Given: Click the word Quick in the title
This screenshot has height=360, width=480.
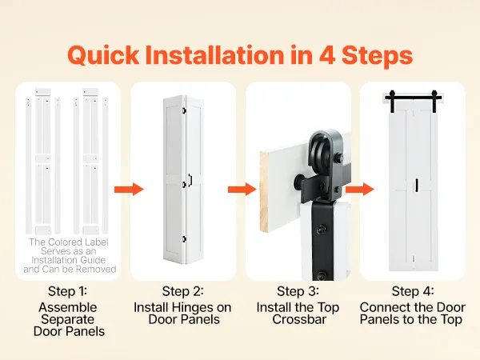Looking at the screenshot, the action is point(103,55).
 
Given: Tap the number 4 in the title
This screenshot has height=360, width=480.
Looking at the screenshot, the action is point(327,54).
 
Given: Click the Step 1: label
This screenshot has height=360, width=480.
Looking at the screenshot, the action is point(67,291).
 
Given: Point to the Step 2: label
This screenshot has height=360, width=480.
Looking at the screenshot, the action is point(182,291).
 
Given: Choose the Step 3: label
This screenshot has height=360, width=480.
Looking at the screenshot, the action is point(298,291).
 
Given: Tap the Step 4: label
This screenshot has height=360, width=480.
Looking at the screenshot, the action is point(413,291).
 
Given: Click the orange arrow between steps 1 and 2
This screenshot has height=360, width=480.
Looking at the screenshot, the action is point(129,189).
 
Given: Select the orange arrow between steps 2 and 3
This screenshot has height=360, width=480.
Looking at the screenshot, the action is point(242,189).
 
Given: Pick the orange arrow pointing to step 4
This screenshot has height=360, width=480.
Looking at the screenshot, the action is point(360,189).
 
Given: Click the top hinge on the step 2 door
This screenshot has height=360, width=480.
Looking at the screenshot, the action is point(184,110).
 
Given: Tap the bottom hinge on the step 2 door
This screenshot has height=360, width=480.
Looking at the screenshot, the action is point(184,239).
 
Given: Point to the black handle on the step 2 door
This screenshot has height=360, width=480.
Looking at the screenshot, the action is point(190,180).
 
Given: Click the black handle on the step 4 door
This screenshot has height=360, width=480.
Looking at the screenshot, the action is point(417,186).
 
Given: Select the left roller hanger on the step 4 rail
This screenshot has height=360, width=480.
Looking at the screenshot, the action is point(392,101).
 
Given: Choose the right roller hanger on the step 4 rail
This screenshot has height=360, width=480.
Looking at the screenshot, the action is point(434,101).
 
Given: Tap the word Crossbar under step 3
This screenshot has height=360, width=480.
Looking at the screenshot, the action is point(299,319).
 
